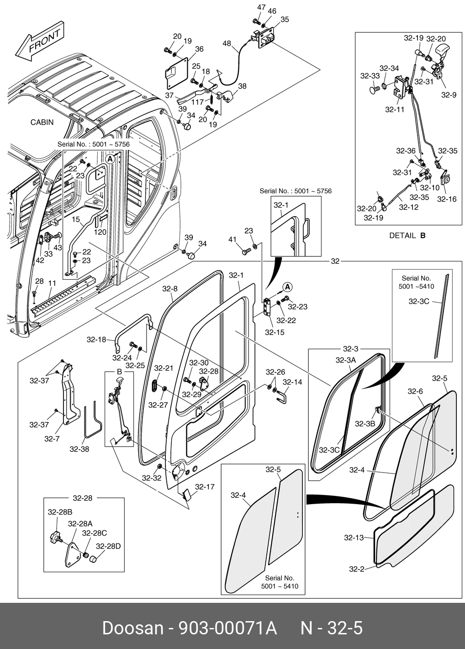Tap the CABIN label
pyautogui.click(x=42, y=122)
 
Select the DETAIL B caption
pyautogui.click(x=407, y=236)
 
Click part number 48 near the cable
pyautogui.click(x=227, y=43)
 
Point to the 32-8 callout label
pyautogui.click(x=169, y=289)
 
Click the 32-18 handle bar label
pyautogui.click(x=96, y=340)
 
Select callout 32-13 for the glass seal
pyautogui.click(x=354, y=537)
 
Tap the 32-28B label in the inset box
pyautogui.click(x=60, y=512)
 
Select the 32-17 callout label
pyautogui.click(x=204, y=487)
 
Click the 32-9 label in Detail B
pyautogui.click(x=449, y=95)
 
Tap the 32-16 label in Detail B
pyautogui.click(x=446, y=199)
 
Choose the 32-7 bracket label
pyautogui.click(x=52, y=439)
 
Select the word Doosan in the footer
pyautogui.click(x=132, y=628)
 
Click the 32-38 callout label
pyautogui.click(x=79, y=449)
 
